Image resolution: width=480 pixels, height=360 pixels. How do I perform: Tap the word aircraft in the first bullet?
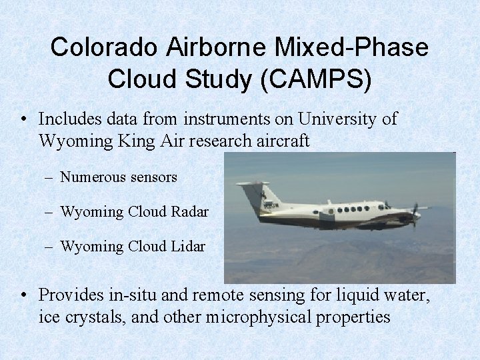click(281, 141)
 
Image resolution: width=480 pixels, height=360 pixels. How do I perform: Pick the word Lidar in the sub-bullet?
click(188, 247)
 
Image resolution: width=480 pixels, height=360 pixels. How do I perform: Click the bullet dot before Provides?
click(24, 295)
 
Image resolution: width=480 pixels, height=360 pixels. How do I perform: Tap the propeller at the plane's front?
click(415, 213)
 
